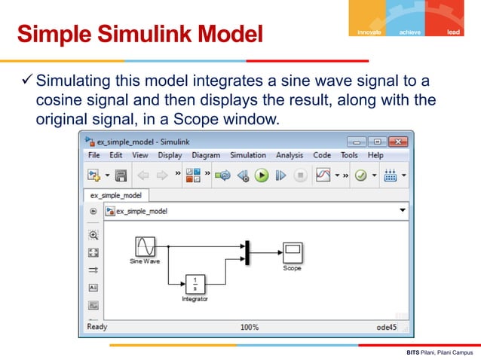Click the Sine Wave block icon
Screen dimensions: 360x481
coord(145,247)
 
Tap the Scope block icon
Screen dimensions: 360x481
coord(291,252)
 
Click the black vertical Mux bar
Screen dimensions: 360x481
coord(246,253)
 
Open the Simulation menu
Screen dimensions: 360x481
coord(248,156)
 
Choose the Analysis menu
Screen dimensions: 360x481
coord(290,156)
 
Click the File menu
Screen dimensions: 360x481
coord(94,156)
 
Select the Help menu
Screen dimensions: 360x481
coord(375,156)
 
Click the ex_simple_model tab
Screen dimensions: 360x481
coord(112,194)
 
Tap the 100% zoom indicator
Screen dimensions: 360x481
coord(250,328)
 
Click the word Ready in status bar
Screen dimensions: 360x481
coord(97,328)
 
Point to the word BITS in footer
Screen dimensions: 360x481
coord(412,352)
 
